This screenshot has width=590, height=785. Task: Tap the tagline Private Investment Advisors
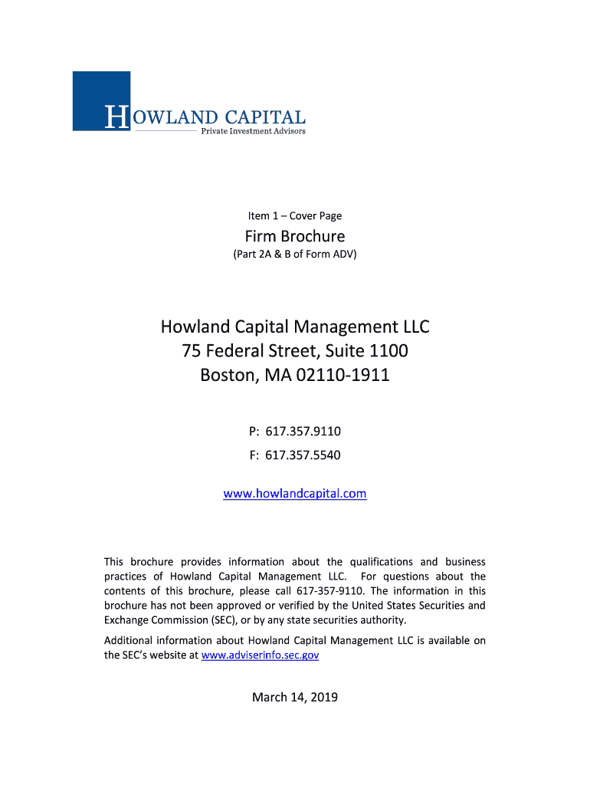(253, 131)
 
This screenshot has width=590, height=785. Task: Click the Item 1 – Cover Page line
(295, 215)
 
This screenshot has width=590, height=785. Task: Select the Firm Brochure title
(295, 236)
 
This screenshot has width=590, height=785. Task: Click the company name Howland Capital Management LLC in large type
(295, 327)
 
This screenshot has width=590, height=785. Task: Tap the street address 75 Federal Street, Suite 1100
(295, 352)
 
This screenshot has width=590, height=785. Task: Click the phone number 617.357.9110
(303, 431)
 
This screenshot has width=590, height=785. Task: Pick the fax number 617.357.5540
(303, 455)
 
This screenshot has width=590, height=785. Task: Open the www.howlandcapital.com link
(295, 494)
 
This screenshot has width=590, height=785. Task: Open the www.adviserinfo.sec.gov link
(260, 655)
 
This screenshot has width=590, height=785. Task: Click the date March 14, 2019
(295, 697)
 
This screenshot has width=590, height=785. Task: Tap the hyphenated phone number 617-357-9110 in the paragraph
(333, 591)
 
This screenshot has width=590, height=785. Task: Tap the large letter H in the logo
(116, 117)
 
